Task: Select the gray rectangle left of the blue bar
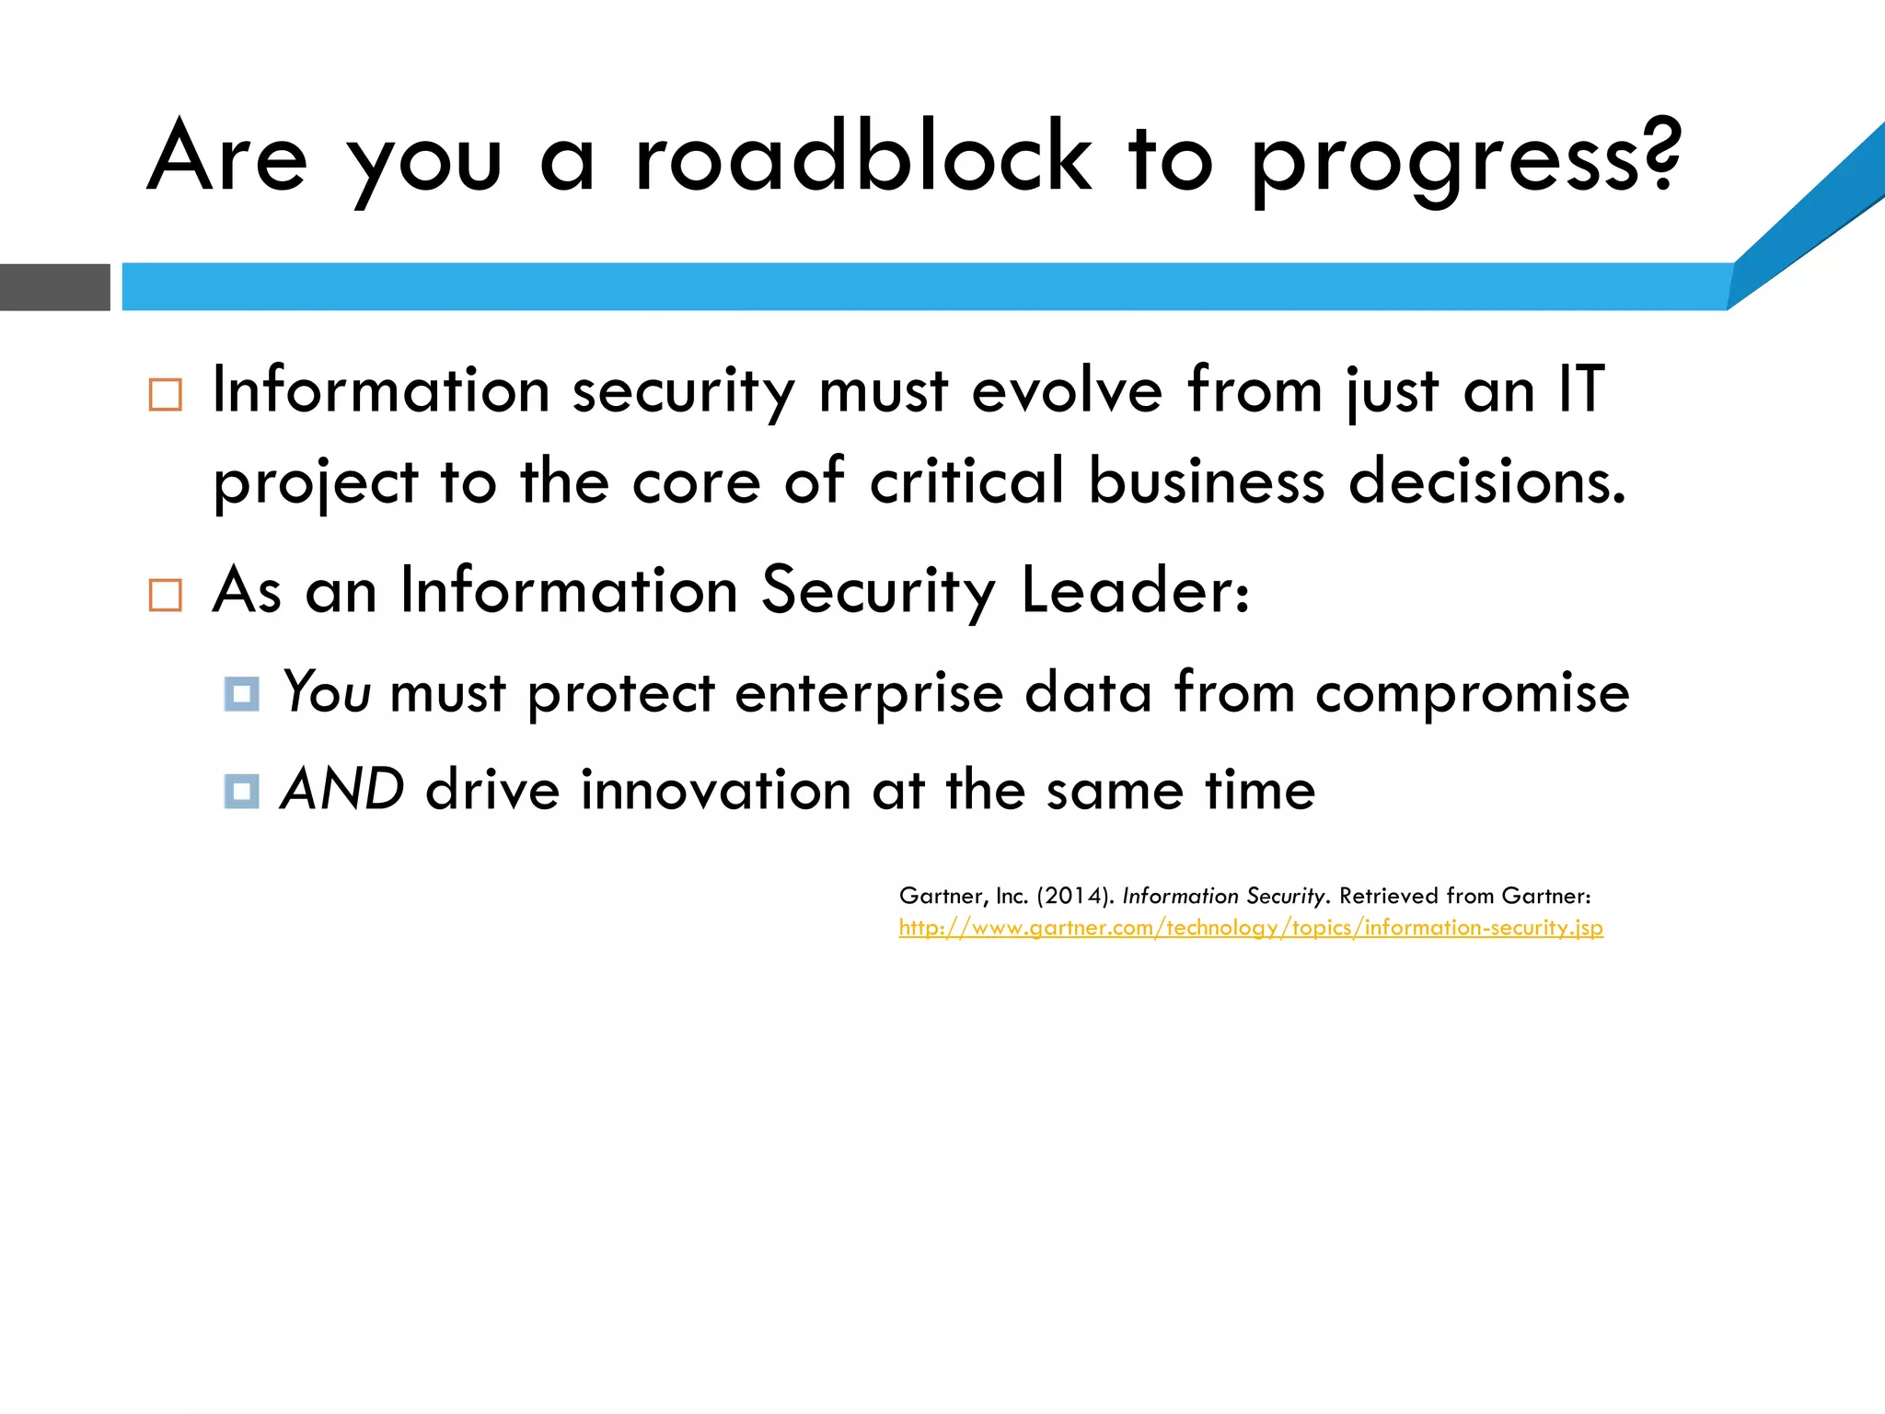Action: click(x=54, y=287)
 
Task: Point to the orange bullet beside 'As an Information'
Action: click(x=166, y=595)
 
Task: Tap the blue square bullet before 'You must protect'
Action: click(x=241, y=694)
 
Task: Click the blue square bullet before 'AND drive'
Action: click(x=241, y=791)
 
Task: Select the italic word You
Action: click(x=327, y=692)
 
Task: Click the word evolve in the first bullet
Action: click(x=1067, y=389)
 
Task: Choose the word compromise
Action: click(x=1472, y=694)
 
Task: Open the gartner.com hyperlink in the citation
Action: click(x=1251, y=928)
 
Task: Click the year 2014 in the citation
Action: click(x=1072, y=896)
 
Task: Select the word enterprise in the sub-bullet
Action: click(x=869, y=694)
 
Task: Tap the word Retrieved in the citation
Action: click(x=1388, y=896)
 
